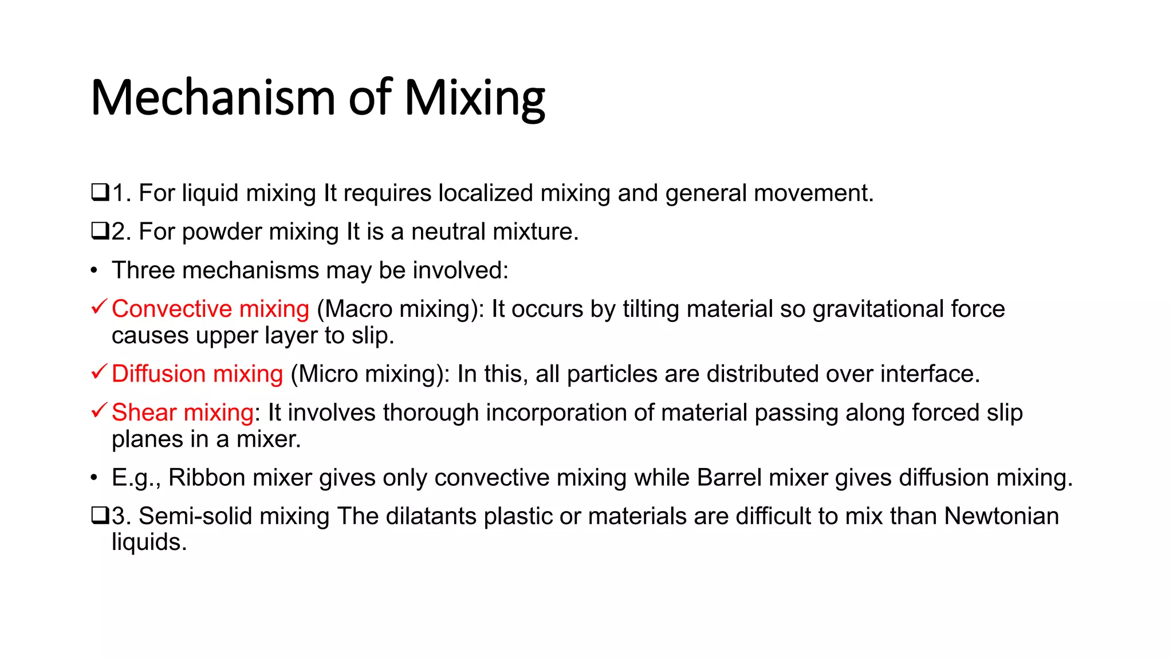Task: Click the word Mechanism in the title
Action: (x=212, y=98)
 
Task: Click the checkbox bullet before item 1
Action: (x=100, y=192)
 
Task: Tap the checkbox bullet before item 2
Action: (x=100, y=231)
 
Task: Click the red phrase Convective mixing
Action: (x=210, y=309)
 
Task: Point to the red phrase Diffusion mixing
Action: (x=197, y=374)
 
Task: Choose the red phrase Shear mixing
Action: (x=182, y=412)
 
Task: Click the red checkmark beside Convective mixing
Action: (x=99, y=307)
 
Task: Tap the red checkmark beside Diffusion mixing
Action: (x=99, y=372)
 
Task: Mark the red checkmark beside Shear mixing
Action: (x=99, y=410)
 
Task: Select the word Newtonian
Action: (x=1001, y=516)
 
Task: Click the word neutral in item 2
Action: (x=448, y=232)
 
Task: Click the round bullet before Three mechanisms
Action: (x=94, y=270)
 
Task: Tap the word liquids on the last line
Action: (x=149, y=542)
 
